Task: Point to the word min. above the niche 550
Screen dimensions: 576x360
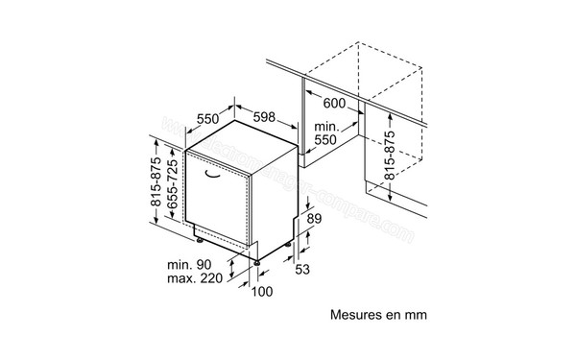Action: tap(327, 127)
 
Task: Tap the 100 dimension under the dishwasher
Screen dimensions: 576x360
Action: tap(262, 292)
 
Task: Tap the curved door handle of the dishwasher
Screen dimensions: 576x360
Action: tap(221, 177)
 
